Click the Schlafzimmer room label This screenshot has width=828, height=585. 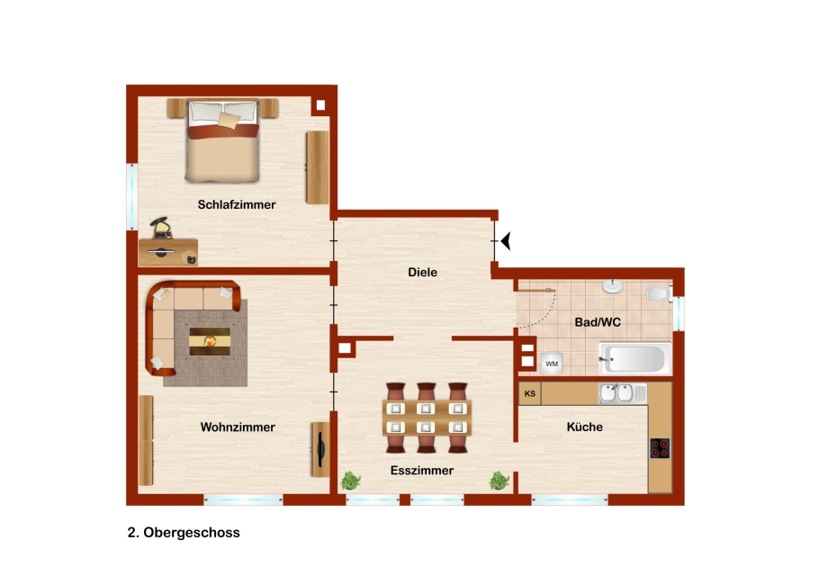[x=237, y=205]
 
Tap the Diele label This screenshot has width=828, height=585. [x=422, y=273]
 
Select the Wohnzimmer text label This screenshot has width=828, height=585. [x=238, y=427]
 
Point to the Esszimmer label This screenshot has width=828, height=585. [x=422, y=471]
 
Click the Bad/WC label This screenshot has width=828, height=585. [x=598, y=322]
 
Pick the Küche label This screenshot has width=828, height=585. [x=585, y=427]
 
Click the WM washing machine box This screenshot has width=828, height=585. [x=552, y=364]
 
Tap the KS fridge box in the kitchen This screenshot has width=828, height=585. [x=529, y=394]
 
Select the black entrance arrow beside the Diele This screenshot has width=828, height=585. [x=506, y=241]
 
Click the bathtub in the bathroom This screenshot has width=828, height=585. [x=634, y=359]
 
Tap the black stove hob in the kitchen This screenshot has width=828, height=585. [x=660, y=448]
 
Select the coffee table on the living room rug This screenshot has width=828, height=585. [x=210, y=341]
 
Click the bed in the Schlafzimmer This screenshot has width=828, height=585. [x=222, y=140]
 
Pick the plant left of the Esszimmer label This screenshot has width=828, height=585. [x=351, y=481]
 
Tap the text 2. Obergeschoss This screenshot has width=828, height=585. [x=184, y=532]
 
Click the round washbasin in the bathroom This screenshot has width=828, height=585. [x=613, y=287]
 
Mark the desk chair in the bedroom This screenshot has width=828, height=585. [x=160, y=227]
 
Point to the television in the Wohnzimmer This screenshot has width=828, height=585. [x=320, y=449]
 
